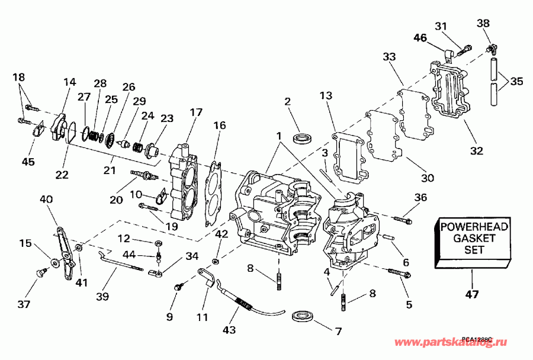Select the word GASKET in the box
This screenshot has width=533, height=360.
pyautogui.click(x=473, y=237)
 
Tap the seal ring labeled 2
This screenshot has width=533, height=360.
pyautogui.click(x=303, y=138)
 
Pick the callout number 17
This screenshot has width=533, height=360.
pyautogui.click(x=196, y=112)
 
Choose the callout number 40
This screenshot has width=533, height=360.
pyautogui.click(x=46, y=200)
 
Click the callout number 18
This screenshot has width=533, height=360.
pyautogui.click(x=18, y=76)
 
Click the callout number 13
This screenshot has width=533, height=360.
pyautogui.click(x=327, y=95)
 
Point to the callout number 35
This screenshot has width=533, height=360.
pyautogui.click(x=517, y=81)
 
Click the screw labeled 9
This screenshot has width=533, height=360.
pyautogui.click(x=176, y=287)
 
